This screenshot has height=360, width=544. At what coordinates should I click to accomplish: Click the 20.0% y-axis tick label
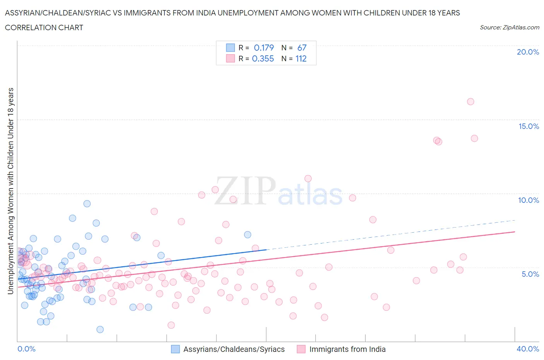[x=528, y=52]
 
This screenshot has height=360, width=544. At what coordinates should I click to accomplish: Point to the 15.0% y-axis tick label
[x=529, y=126]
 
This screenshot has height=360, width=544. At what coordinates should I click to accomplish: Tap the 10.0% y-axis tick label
[x=529, y=200]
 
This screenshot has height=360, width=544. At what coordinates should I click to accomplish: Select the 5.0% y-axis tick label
[x=530, y=274]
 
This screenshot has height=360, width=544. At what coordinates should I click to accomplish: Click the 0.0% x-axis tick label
[x=26, y=349]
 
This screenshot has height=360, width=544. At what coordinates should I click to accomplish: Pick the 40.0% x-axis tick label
[x=528, y=349]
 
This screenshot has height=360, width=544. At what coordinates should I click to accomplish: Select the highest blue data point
[x=87, y=204]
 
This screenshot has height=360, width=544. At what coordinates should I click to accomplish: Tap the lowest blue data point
[x=100, y=329]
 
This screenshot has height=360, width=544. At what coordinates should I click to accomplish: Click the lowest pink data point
[x=171, y=325]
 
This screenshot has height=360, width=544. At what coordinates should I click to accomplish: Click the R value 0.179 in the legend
[x=263, y=48]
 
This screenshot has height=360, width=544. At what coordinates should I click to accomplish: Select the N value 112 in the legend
[x=301, y=58]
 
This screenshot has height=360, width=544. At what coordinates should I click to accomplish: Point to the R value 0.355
[x=263, y=58]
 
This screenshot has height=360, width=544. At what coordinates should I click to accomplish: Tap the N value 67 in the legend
[x=302, y=48]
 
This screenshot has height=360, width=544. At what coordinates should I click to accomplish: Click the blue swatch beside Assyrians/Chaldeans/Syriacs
[x=175, y=349]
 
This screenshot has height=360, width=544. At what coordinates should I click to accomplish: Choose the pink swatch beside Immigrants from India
[x=301, y=349]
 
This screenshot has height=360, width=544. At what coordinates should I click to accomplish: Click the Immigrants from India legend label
[x=347, y=349]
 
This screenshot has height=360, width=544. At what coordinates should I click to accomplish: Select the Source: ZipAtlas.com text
[x=509, y=27]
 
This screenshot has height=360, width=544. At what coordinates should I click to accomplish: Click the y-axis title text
[x=10, y=191]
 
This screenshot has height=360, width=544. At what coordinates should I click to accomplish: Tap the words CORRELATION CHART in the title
[x=44, y=27]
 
